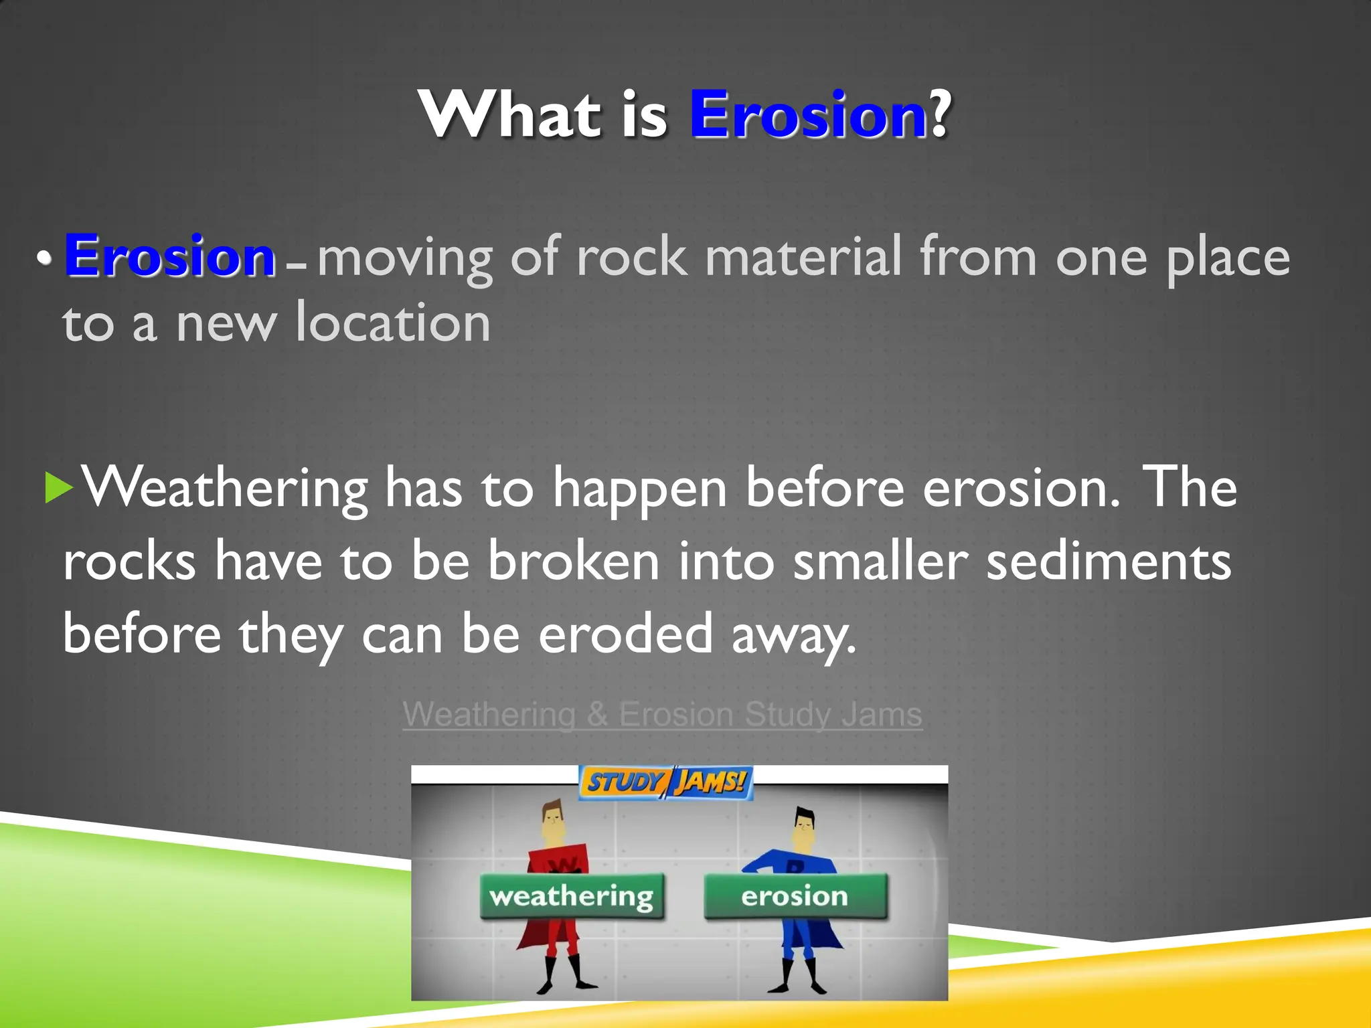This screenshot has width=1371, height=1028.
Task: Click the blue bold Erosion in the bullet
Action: click(x=170, y=256)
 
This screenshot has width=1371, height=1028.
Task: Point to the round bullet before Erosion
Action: click(x=44, y=258)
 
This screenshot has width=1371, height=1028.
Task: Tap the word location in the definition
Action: click(x=394, y=323)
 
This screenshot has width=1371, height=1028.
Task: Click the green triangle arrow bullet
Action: click(x=58, y=487)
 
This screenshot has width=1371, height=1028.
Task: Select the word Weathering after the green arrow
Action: click(x=225, y=489)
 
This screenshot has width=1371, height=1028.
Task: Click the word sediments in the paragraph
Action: click(x=1108, y=561)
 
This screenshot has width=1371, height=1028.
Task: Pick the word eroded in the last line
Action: click(x=626, y=634)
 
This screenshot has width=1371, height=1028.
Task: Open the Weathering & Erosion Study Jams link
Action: click(x=662, y=714)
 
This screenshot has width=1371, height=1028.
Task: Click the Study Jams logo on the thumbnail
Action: click(x=665, y=782)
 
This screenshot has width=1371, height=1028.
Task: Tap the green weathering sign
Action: click(x=572, y=896)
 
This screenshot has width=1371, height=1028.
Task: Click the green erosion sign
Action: click(x=795, y=896)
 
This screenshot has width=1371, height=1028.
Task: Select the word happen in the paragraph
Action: click(x=639, y=489)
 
